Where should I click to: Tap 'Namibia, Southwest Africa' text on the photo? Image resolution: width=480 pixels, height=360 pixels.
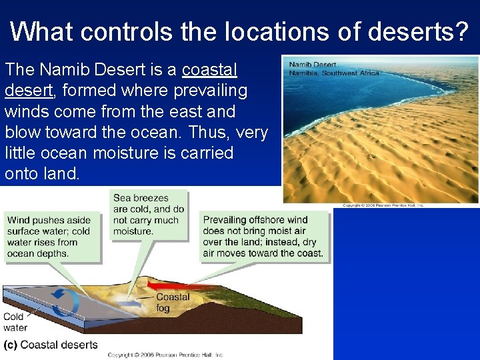333,73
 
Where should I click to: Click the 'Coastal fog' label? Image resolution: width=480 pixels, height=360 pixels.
173,302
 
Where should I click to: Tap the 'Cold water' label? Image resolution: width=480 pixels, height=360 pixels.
15,322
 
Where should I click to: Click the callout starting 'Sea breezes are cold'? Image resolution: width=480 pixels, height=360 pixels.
148,214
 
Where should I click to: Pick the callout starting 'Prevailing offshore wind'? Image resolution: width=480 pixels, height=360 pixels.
263,236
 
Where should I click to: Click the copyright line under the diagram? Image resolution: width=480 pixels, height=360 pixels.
165,355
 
